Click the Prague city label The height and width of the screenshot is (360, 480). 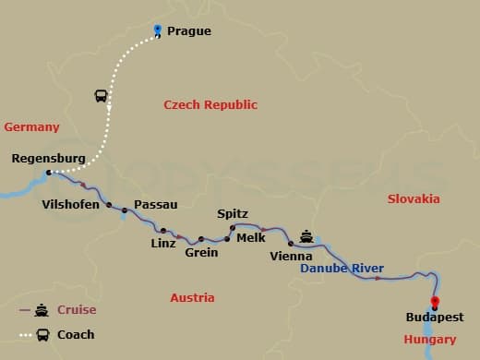(188, 31)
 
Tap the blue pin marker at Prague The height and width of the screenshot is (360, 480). (159, 30)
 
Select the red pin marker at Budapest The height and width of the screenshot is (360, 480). (435, 302)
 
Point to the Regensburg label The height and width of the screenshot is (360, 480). (48, 159)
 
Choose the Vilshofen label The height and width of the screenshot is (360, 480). (71, 205)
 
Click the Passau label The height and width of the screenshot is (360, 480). (156, 205)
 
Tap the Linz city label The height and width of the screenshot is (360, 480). (162, 244)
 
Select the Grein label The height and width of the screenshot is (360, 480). (201, 252)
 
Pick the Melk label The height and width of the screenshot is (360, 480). (251, 237)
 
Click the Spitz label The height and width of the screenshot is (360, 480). (233, 214)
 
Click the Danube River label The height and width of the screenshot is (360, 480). (342, 269)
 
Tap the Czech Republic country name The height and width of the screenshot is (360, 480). (210, 105)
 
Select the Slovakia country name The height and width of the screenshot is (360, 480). (414, 199)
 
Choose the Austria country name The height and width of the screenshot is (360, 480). (192, 298)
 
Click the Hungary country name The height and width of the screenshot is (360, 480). (429, 340)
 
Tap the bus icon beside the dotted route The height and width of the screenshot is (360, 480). (101, 95)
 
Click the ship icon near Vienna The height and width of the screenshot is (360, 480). (306, 235)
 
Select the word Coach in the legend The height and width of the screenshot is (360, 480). (76, 335)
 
